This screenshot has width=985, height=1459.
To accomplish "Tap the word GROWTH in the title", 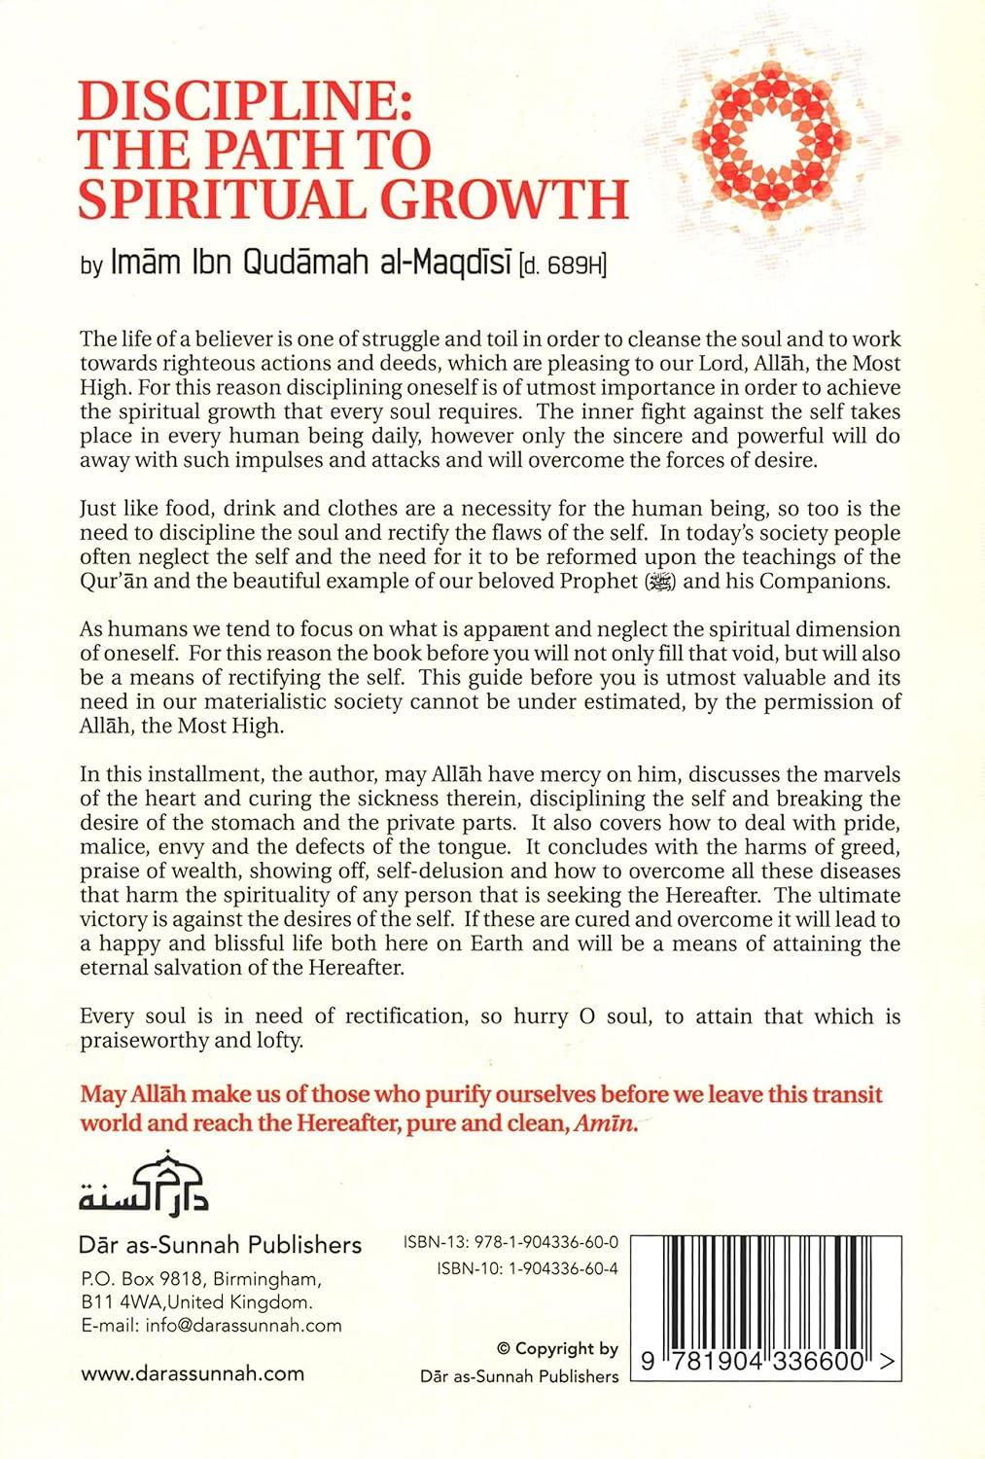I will [504, 198].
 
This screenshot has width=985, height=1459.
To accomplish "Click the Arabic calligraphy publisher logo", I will [144, 1184].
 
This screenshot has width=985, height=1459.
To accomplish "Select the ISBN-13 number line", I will [510, 1243].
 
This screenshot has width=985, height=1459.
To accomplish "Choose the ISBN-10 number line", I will [527, 1268].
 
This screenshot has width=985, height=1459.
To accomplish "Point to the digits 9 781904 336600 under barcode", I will [754, 1363].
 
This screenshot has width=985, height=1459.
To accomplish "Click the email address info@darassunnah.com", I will [211, 1325].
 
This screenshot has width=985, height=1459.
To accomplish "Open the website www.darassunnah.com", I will [193, 1373].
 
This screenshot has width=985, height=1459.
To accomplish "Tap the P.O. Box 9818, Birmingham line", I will [199, 1279].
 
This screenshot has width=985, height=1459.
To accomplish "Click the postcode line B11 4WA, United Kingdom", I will [196, 1302].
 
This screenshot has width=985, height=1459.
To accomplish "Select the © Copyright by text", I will [557, 1349].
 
